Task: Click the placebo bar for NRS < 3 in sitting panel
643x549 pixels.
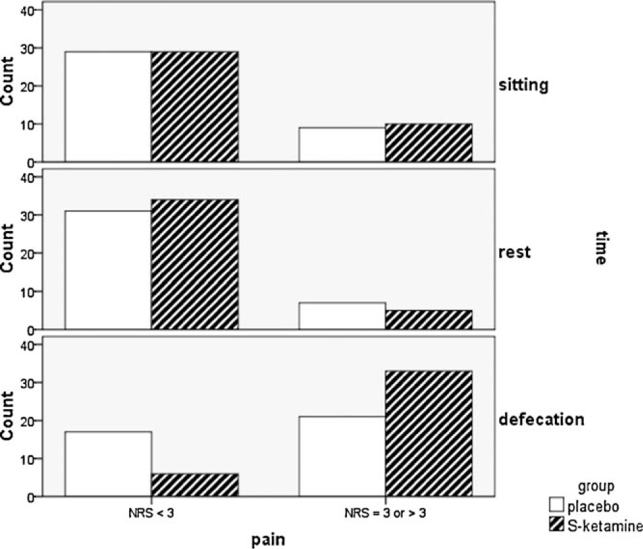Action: pyautogui.click(x=108, y=107)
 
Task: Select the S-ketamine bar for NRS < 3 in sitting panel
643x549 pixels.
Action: pyautogui.click(x=195, y=107)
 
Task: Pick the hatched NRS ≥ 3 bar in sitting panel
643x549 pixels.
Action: pyautogui.click(x=428, y=143)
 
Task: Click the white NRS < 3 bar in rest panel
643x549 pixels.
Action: pyautogui.click(x=108, y=270)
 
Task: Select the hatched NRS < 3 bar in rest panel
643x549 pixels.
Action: pyautogui.click(x=195, y=265)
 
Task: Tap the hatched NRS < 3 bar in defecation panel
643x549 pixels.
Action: pyautogui.click(x=195, y=485)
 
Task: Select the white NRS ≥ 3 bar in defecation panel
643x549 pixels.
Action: pyautogui.click(x=342, y=456)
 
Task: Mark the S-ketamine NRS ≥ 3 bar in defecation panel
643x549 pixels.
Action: pyautogui.click(x=428, y=433)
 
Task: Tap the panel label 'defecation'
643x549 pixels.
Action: pyautogui.click(x=541, y=420)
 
